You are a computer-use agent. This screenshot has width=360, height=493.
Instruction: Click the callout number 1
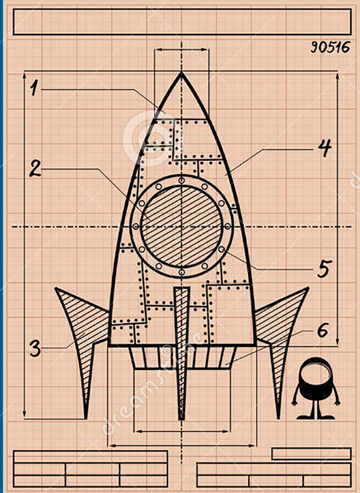pyautogui.click(x=33, y=87)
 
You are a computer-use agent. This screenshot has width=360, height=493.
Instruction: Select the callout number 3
pyautogui.click(x=36, y=348)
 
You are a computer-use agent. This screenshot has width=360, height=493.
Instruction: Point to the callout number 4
pyautogui.click(x=324, y=149)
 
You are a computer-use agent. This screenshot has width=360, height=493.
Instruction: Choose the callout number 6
pyautogui.click(x=322, y=331)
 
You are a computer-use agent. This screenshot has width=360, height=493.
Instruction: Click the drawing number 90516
pyautogui.click(x=330, y=47)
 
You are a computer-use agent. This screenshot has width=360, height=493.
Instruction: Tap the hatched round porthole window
pyautogui.click(x=181, y=226)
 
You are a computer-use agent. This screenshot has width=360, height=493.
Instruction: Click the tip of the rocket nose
pyautogui.click(x=181, y=72)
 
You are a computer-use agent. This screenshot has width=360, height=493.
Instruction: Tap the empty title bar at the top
pyautogui.click(x=182, y=22)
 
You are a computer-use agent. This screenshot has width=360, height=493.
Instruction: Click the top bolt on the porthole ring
pyautogui.click(x=181, y=181)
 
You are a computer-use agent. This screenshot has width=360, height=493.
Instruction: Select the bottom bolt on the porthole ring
pyautogui.click(x=181, y=272)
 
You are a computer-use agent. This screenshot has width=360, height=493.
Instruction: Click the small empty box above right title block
pyautogui.click(x=311, y=453)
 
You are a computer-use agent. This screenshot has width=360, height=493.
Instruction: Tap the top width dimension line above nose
pyautogui.click(x=181, y=50)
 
